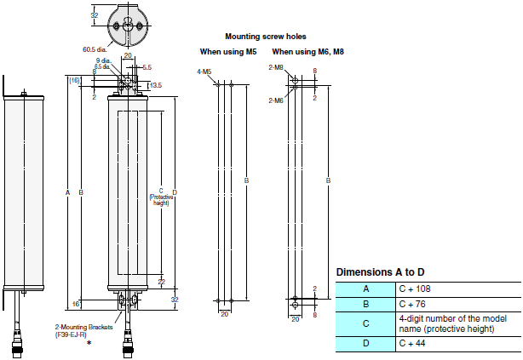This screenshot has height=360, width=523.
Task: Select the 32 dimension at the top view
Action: (x=94, y=15)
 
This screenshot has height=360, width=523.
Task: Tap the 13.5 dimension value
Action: (x=155, y=85)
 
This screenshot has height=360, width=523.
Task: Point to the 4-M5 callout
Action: (x=204, y=72)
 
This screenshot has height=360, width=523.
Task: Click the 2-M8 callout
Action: (x=276, y=66)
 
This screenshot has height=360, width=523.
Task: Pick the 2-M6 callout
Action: (x=276, y=100)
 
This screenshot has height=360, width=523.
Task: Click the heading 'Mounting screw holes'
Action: (x=265, y=37)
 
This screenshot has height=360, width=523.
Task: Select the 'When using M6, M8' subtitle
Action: (x=307, y=52)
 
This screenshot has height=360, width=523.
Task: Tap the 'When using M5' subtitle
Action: (x=227, y=52)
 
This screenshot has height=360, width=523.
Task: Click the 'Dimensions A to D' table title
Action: (x=380, y=271)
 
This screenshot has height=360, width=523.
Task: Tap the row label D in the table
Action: (x=365, y=344)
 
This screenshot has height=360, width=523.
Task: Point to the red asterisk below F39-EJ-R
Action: (x=88, y=343)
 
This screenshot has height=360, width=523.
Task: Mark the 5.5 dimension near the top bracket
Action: (x=147, y=66)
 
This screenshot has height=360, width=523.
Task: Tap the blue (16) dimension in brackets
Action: (x=75, y=80)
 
